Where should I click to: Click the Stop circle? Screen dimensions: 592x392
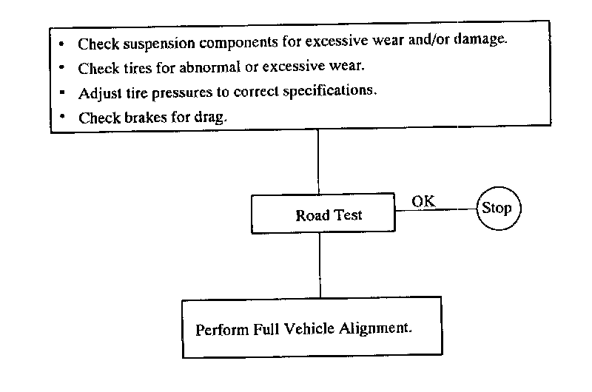tap(497, 208)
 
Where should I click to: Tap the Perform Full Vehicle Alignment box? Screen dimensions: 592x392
tap(312, 327)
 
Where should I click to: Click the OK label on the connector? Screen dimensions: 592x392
tap(423, 200)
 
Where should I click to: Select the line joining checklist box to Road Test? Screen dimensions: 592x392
tap(318, 163)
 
